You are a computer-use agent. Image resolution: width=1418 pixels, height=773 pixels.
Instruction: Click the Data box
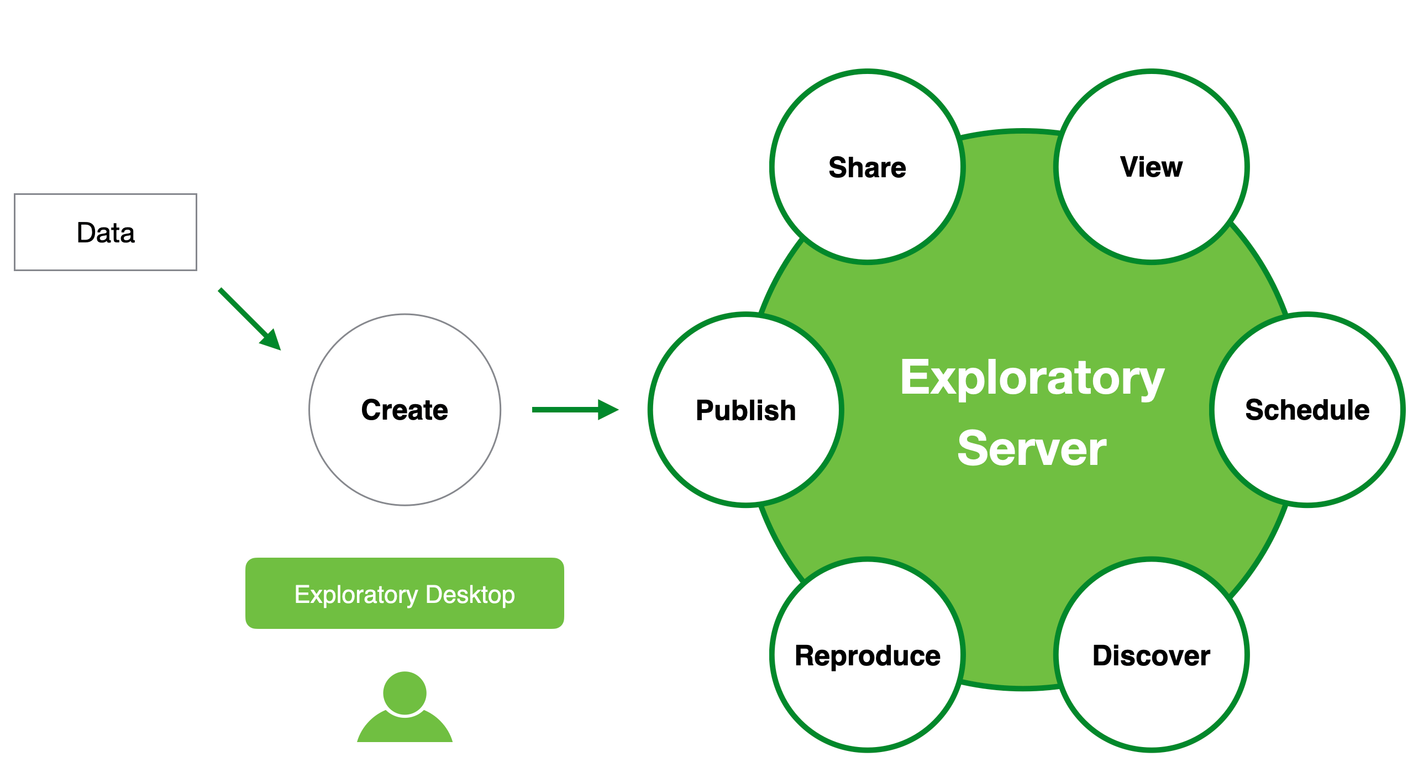(106, 232)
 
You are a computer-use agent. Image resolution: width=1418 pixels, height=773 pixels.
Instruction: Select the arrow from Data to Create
(250, 319)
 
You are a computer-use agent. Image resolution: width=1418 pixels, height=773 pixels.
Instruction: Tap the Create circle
(405, 410)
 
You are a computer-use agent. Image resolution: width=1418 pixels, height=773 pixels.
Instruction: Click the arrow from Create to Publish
(575, 410)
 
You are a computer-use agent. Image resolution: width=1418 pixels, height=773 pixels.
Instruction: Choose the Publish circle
(746, 410)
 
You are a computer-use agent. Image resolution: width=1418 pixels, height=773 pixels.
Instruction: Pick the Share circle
(868, 167)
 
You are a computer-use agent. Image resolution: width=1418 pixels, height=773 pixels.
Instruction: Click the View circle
(1152, 167)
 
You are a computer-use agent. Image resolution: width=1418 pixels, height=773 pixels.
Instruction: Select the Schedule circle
(1307, 410)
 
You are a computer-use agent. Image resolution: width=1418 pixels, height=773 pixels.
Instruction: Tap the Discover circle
(1152, 655)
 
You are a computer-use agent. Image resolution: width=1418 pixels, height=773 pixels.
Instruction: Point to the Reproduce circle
(868, 655)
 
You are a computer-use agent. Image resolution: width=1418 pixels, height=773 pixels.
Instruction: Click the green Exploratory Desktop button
(405, 594)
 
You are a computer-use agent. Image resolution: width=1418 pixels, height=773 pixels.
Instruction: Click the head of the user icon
(405, 693)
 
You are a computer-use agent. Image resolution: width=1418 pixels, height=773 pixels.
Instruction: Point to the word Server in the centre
(1032, 449)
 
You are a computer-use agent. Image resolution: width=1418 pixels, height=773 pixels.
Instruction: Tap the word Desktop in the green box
(470, 595)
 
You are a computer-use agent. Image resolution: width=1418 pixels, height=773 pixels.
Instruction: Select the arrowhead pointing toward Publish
(608, 410)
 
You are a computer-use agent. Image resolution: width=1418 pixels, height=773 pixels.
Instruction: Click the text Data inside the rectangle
(106, 232)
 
